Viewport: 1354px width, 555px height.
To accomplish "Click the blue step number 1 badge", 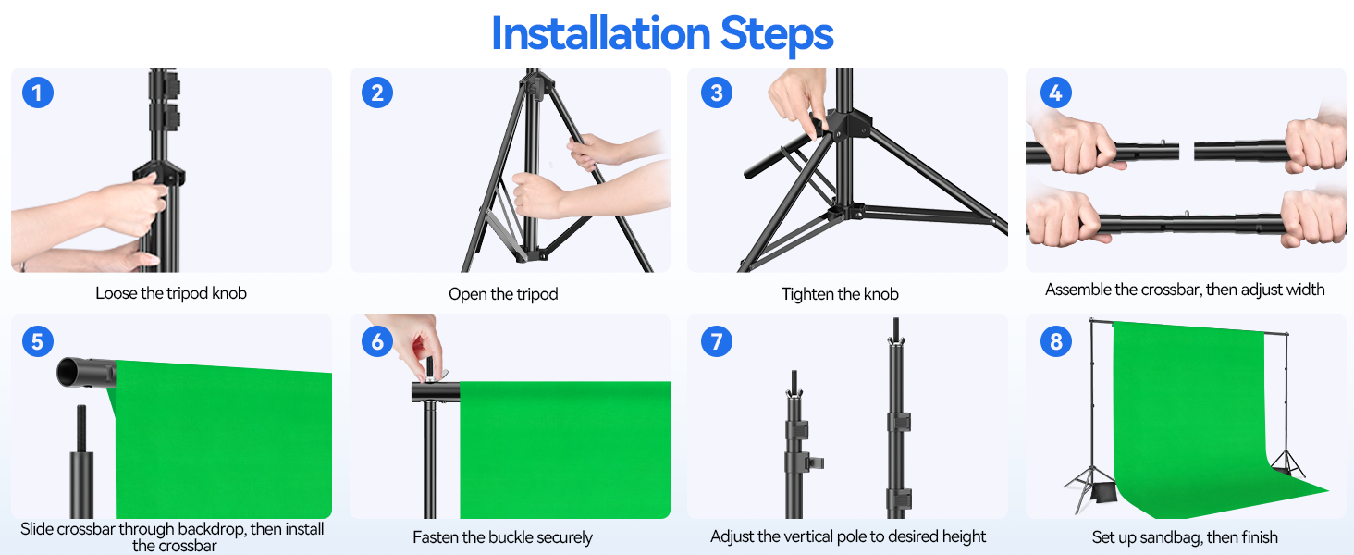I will point(37,92).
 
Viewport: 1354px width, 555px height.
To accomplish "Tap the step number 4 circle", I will point(1055,92).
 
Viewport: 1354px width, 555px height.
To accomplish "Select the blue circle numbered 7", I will point(716,341).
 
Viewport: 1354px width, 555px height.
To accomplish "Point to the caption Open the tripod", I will point(503,294).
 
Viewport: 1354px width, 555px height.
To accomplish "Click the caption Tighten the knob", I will point(840,294).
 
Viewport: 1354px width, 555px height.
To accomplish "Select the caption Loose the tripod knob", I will point(171,293).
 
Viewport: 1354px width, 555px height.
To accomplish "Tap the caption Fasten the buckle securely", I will point(502,537).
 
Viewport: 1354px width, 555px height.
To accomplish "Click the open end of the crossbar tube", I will point(71,372).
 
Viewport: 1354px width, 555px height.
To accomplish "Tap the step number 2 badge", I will point(376,92).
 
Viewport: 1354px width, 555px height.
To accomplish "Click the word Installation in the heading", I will point(599,34).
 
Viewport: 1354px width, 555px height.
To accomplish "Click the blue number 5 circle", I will point(37,341).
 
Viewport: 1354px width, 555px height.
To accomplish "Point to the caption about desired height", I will point(848,536).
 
